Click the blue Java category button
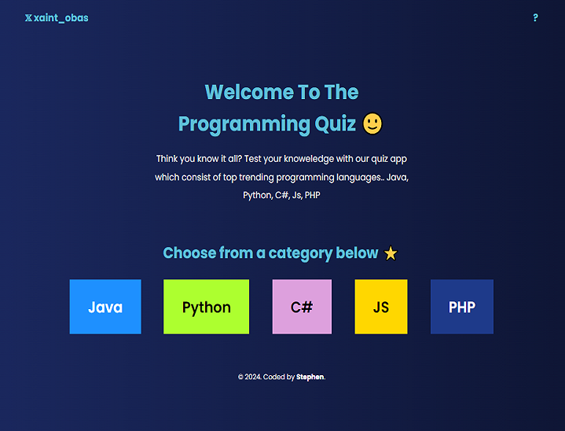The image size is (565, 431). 105,307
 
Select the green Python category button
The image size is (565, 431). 206,307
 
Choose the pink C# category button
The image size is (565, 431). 302,307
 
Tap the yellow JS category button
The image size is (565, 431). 381,307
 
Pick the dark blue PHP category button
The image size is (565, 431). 462,307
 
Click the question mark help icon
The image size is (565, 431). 535,17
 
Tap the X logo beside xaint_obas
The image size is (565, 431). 28,17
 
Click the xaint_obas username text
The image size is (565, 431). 61,18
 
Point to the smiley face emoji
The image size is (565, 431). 372,123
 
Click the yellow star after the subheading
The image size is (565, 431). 391,253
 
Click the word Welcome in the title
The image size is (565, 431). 248,92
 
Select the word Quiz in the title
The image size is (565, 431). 335,124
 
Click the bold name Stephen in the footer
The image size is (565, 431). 310,377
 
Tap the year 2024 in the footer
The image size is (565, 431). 253,377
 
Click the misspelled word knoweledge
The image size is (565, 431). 309,159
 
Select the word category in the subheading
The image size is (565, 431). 300,253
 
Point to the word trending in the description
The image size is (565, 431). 256,178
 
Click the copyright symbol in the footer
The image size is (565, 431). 240,377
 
